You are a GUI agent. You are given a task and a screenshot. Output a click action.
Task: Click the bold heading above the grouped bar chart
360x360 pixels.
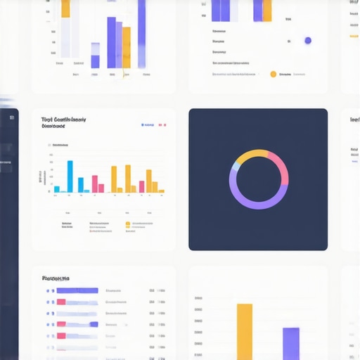click(63, 120)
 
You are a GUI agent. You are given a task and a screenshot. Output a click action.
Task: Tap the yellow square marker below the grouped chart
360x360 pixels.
click(127, 224)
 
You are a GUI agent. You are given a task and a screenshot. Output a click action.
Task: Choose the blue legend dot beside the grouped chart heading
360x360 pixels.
click(143, 124)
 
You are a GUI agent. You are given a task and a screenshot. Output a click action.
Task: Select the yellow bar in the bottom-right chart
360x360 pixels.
click(244, 330)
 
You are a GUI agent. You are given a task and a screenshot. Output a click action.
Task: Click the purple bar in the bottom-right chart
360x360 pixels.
click(290, 343)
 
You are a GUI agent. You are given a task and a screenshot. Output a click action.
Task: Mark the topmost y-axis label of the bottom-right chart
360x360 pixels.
click(198, 298)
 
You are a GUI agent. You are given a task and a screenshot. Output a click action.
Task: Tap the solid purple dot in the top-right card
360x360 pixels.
click(307, 41)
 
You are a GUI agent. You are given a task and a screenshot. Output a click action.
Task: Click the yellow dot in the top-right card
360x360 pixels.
click(273, 73)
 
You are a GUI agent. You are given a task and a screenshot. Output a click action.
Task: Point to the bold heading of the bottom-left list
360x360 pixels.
click(60, 277)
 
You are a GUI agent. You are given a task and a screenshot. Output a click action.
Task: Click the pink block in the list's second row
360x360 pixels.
click(60, 302)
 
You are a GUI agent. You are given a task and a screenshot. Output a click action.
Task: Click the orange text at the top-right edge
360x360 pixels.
click(354, 35)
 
